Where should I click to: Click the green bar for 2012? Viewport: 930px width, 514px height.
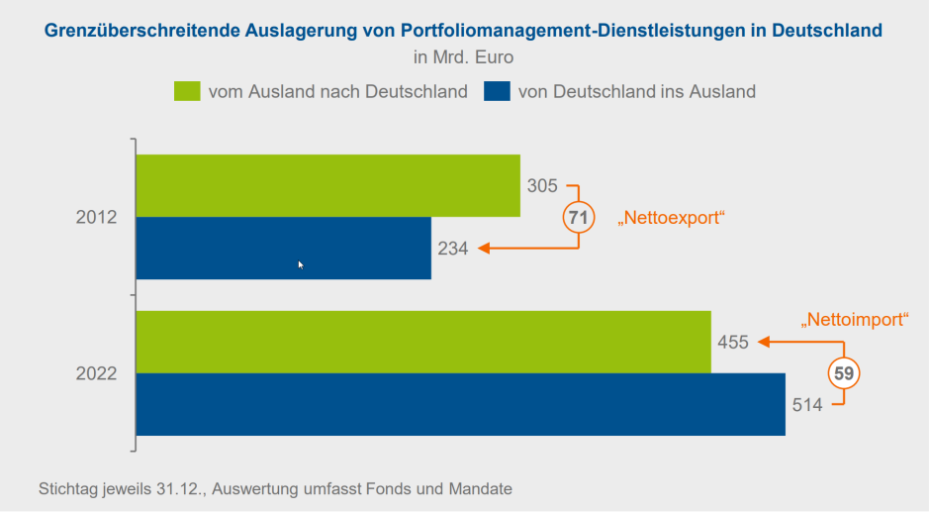[x=327, y=185]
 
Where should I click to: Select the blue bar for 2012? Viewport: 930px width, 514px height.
[x=283, y=248]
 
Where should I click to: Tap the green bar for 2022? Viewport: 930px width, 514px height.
[x=423, y=342]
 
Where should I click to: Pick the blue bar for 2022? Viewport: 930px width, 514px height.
[x=460, y=404]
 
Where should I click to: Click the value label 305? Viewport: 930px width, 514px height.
[x=543, y=185]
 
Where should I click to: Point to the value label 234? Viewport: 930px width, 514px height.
[x=453, y=249]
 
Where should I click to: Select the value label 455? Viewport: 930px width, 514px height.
[x=733, y=343]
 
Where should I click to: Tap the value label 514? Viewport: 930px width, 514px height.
[x=808, y=404]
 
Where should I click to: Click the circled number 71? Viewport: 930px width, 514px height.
[x=579, y=217]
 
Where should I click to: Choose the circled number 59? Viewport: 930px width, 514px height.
[x=844, y=373]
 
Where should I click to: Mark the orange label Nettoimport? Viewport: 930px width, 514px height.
[x=853, y=320]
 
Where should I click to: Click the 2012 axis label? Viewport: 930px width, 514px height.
[x=97, y=217]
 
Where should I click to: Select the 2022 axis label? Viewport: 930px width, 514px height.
[x=97, y=373]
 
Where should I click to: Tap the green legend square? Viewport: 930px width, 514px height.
[x=188, y=91]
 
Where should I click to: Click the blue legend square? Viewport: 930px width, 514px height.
[x=497, y=91]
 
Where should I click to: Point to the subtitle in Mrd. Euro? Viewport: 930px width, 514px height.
[x=464, y=57]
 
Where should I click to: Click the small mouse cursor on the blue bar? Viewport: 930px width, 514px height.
[x=301, y=264]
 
